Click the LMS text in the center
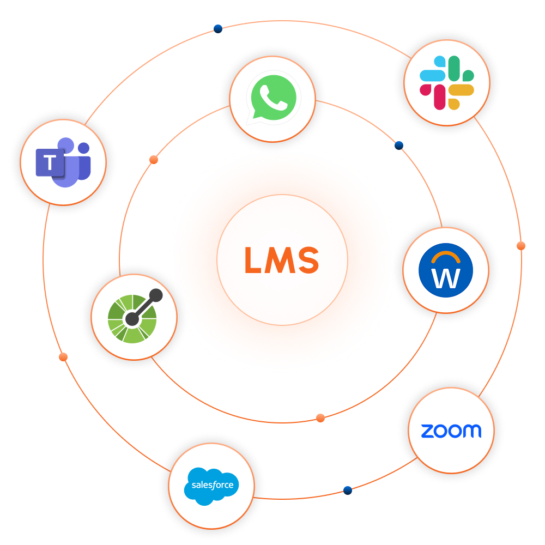coord(281,260)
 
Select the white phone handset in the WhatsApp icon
coord(274,98)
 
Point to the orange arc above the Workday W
coord(446,256)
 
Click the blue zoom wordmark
coord(451,431)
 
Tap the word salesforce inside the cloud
coord(211,485)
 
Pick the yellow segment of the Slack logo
coord(462,90)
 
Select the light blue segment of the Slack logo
coord(431,75)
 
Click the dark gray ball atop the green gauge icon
coord(156,295)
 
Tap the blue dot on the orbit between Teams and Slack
coord(218,29)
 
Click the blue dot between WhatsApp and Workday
coord(399,146)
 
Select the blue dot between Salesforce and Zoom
coord(348,490)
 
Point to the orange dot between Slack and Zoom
coord(521,246)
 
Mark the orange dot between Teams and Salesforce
coord(63,357)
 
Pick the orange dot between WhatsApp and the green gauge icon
coord(154,160)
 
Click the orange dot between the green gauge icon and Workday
coord(320,418)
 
